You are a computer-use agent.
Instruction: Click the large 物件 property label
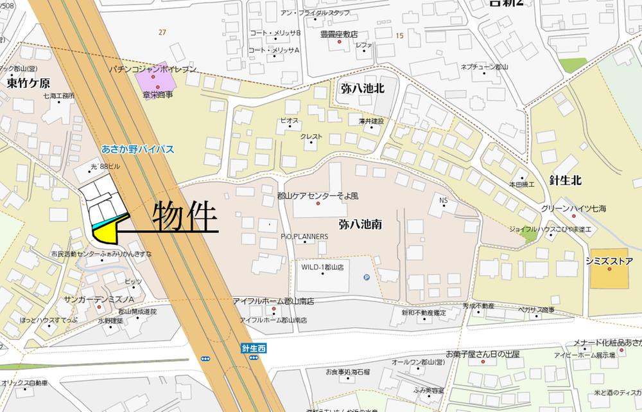point(184,217)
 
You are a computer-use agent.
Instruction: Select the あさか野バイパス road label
point(138,149)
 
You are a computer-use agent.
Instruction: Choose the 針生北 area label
point(565,180)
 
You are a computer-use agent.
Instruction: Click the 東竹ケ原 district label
point(28,83)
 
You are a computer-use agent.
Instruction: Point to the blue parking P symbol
point(367,277)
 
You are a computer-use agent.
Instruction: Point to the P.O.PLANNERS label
point(304,236)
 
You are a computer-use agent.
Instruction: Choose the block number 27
point(162,31)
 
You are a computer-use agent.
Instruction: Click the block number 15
point(399,35)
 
